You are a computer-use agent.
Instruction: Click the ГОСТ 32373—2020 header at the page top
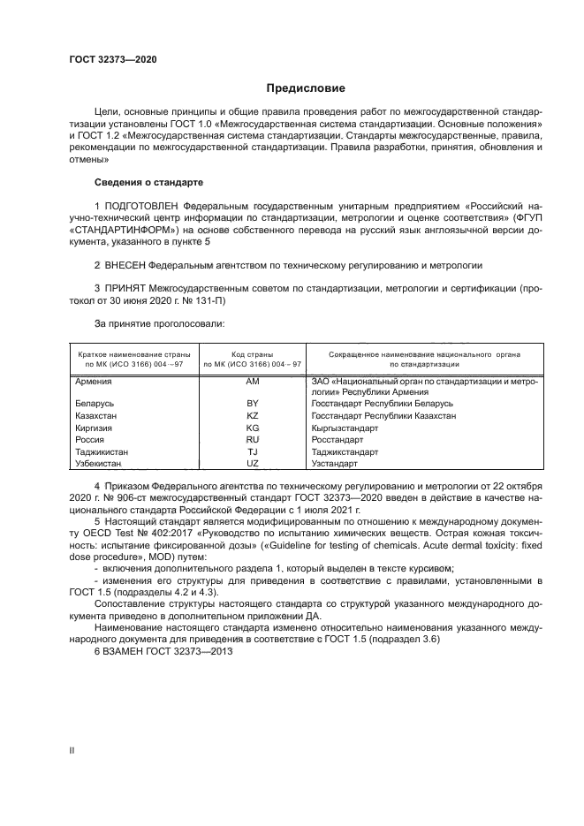(112, 58)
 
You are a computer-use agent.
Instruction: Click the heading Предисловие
(306, 88)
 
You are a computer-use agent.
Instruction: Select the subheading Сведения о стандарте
(148, 182)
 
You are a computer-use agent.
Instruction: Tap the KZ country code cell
(252, 415)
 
